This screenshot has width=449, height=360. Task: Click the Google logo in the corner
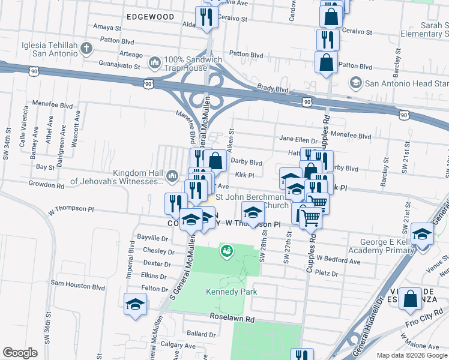[x=20, y=352]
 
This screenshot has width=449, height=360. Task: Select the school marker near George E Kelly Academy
[x=423, y=235]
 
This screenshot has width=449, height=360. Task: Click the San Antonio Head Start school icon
[x=356, y=83]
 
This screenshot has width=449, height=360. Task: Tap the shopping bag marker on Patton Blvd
[x=325, y=62]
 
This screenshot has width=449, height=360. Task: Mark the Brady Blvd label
[x=273, y=89]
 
